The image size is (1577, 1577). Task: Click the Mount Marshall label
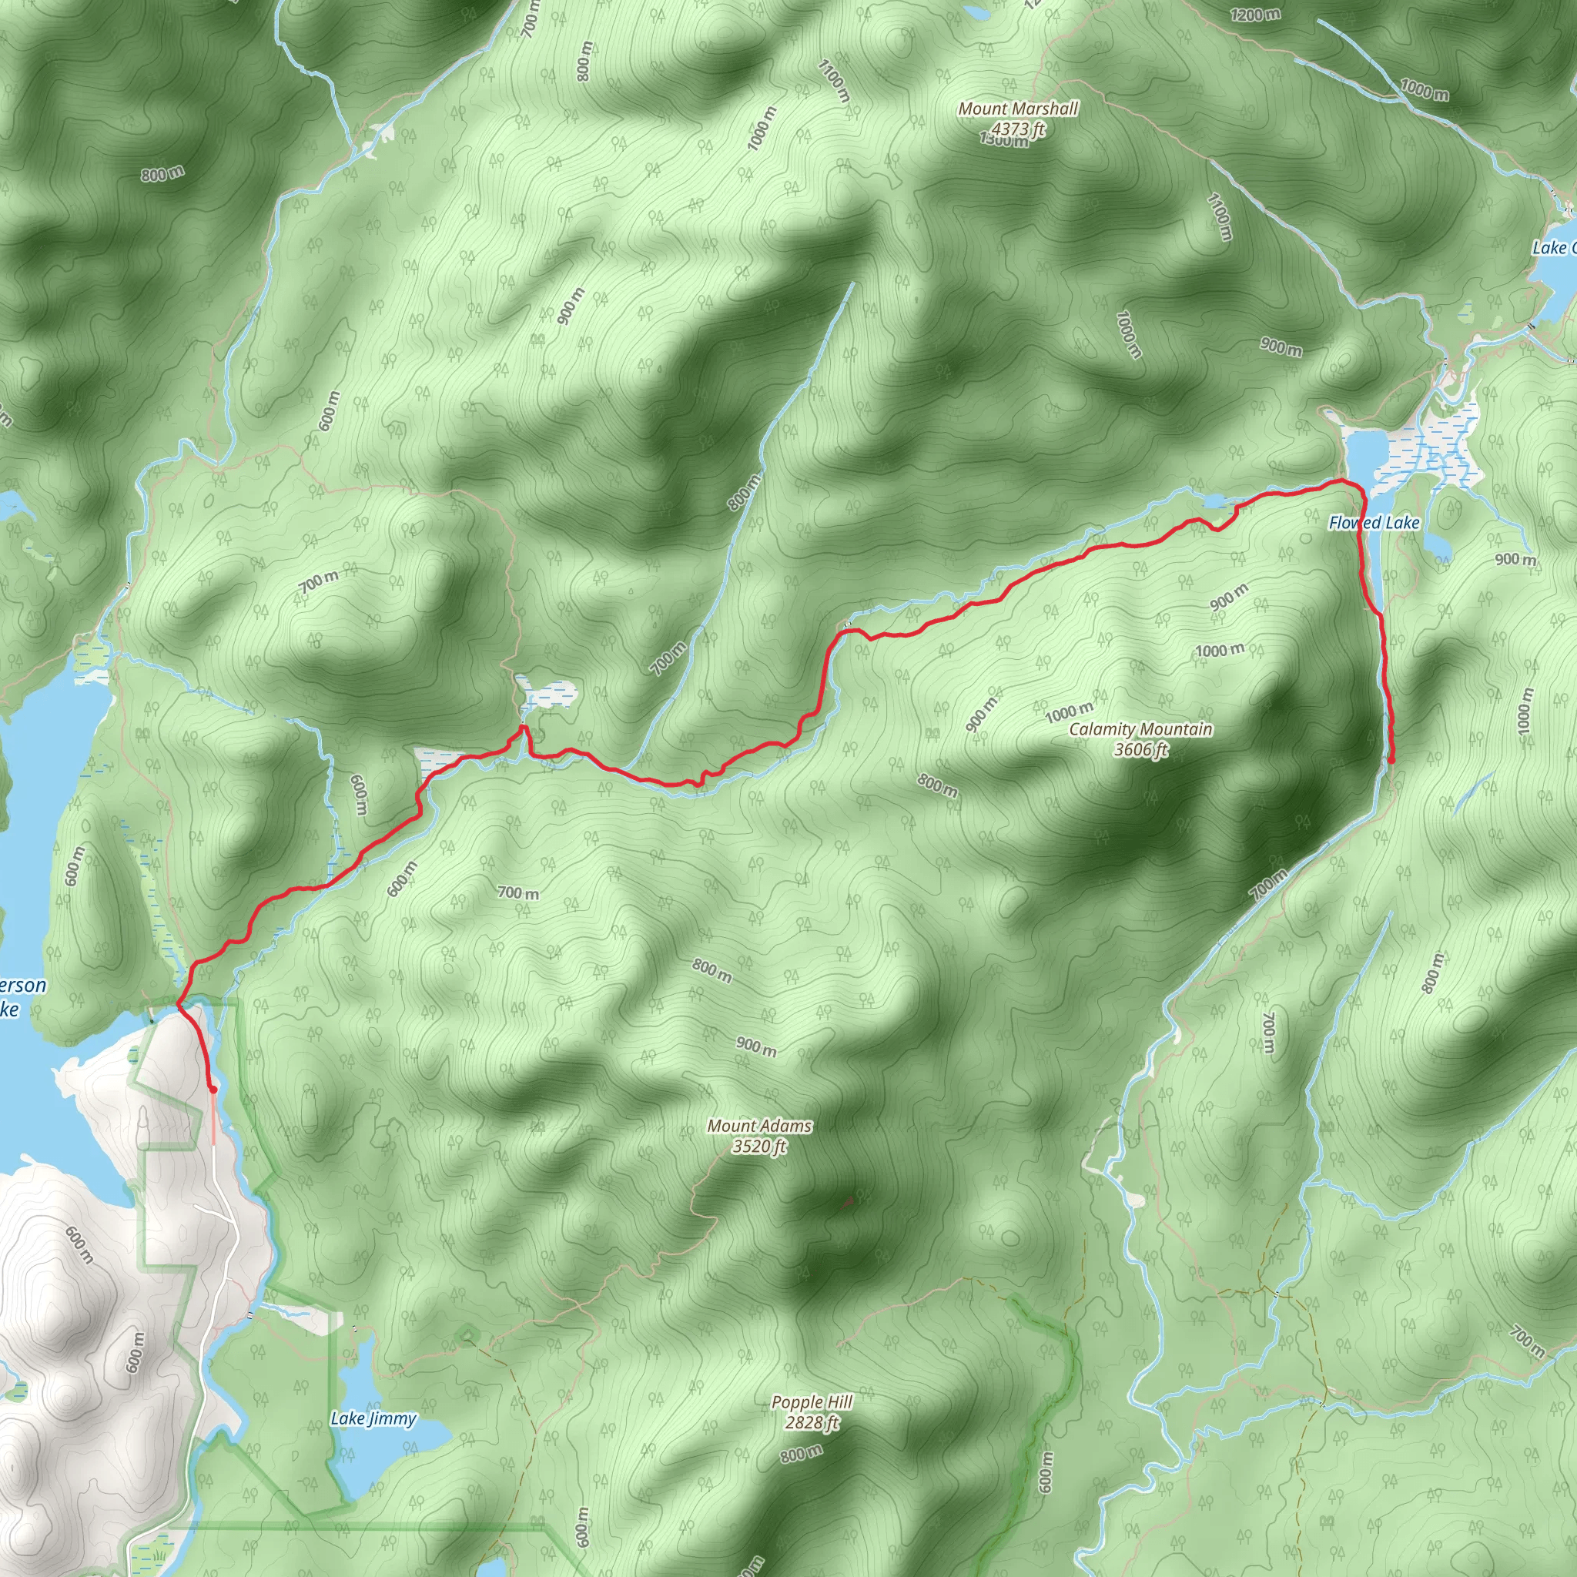pyautogui.click(x=1018, y=109)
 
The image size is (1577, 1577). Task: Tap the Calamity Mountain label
pyautogui.click(x=1140, y=729)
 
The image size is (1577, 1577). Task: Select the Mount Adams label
pyautogui.click(x=759, y=1126)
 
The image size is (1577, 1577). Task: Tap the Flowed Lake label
pyautogui.click(x=1374, y=522)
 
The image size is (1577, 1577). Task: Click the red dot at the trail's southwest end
pyautogui.click(x=213, y=1089)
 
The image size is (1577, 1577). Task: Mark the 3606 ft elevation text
pyautogui.click(x=1140, y=749)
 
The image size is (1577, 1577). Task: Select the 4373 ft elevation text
pyautogui.click(x=1018, y=128)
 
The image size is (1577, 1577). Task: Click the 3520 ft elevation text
pyautogui.click(x=759, y=1146)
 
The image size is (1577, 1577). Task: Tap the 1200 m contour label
pyautogui.click(x=1255, y=15)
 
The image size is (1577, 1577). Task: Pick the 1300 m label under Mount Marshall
pyautogui.click(x=1004, y=141)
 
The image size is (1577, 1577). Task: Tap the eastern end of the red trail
pyautogui.click(x=1390, y=761)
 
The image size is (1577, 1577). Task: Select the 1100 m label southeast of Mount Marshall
pyautogui.click(x=1219, y=216)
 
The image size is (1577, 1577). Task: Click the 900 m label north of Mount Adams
pyautogui.click(x=757, y=1046)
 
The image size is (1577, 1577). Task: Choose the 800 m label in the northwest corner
pyautogui.click(x=162, y=174)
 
